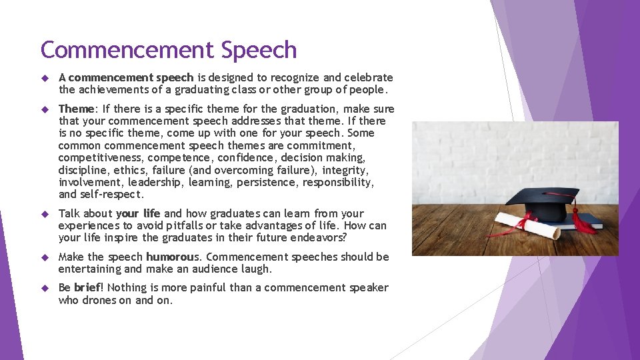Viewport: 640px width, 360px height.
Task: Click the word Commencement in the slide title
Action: click(125, 50)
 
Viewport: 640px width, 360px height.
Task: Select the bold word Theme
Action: click(76, 109)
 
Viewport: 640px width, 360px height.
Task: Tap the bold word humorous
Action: click(173, 257)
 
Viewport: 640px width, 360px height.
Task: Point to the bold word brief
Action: click(87, 287)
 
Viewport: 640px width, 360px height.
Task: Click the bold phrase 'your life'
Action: click(139, 213)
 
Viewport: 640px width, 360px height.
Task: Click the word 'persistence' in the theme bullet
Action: click(266, 182)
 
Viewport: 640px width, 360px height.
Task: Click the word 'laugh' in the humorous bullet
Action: click(254, 269)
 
